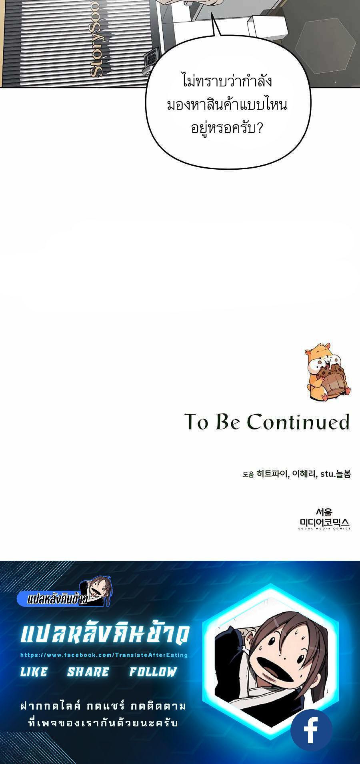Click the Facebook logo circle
(x=311, y=730)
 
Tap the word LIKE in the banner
(x=34, y=672)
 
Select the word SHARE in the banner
(x=88, y=672)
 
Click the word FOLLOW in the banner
(x=153, y=672)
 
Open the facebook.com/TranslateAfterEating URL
(x=104, y=655)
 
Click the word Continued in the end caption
(x=298, y=422)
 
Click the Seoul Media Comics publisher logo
(x=324, y=519)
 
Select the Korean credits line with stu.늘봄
(x=296, y=474)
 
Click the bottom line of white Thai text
(x=104, y=723)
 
